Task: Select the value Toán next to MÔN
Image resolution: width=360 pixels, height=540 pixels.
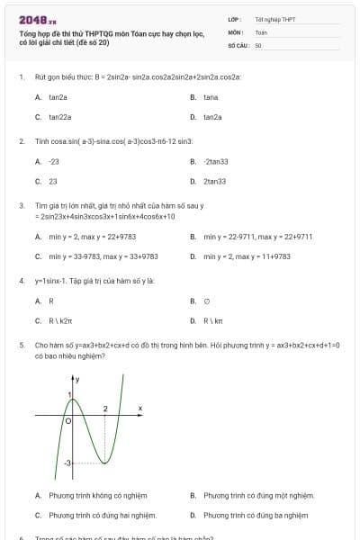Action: pyautogui.click(x=261, y=31)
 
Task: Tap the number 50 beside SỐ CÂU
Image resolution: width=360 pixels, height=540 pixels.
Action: pyautogui.click(x=258, y=44)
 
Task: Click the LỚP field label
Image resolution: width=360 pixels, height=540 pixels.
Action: pyautogui.click(x=235, y=18)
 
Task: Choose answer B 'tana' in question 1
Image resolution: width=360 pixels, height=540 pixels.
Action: pyautogui.click(x=211, y=96)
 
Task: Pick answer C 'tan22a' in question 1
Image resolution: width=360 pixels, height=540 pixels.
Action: pyautogui.click(x=59, y=117)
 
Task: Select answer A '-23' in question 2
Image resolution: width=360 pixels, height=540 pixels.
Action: pyautogui.click(x=54, y=161)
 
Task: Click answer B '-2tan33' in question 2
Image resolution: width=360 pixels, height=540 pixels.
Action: pyautogui.click(x=216, y=161)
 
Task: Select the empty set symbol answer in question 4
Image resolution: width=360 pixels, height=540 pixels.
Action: pyautogui.click(x=207, y=301)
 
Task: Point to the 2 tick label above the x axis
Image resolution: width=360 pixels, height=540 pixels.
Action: pyautogui.click(x=105, y=409)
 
